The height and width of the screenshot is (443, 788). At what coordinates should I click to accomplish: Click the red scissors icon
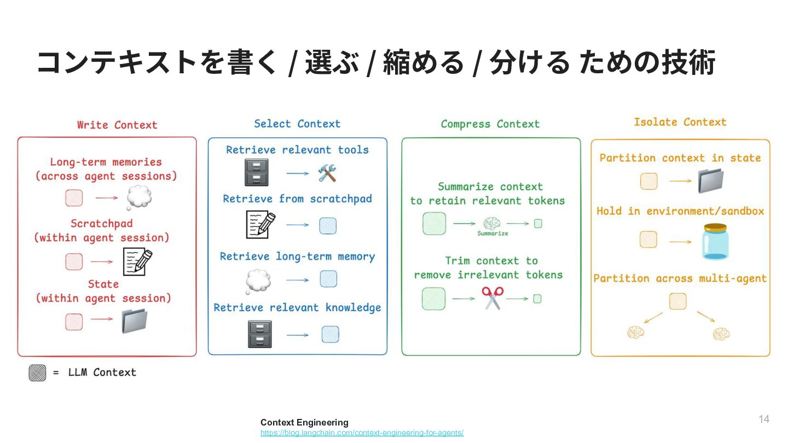[x=492, y=298]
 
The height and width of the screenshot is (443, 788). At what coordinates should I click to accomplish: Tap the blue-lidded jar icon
[x=715, y=241]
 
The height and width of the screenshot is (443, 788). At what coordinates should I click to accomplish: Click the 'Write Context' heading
[x=117, y=125]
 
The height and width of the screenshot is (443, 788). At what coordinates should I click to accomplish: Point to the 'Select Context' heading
[x=297, y=124]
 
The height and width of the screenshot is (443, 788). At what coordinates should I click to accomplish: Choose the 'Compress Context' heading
[x=490, y=124]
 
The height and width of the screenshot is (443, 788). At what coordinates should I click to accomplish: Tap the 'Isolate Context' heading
[x=680, y=122]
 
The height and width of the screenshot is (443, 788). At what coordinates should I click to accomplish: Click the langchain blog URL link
[x=362, y=433]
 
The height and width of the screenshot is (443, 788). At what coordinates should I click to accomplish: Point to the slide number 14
[x=764, y=419]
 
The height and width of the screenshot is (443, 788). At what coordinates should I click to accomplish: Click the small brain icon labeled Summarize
[x=492, y=223]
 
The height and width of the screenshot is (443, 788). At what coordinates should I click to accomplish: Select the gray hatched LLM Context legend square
[x=37, y=372]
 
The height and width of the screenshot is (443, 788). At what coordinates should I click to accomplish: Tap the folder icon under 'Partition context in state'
[x=711, y=180]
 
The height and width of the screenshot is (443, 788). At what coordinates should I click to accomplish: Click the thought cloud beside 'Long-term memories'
[x=139, y=197]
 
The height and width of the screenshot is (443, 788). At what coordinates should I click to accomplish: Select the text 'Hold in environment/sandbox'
[x=680, y=211]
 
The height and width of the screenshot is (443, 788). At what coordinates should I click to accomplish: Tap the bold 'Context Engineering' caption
[x=304, y=422]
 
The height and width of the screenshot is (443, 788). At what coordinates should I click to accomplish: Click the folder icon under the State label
[x=135, y=321]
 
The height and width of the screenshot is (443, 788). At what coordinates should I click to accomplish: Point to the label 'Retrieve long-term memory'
[x=297, y=257]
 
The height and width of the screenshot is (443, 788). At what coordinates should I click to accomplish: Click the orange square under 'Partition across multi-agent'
[x=677, y=301]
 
